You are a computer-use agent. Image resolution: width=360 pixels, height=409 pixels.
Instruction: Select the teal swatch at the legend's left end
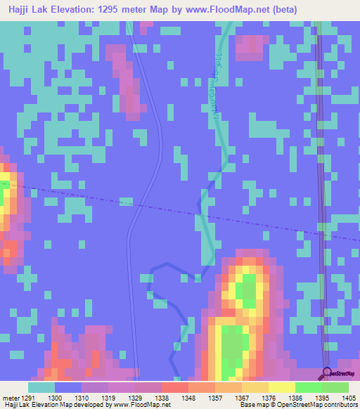pos(41,387)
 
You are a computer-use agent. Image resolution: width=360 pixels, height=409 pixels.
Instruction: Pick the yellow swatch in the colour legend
pos(281,387)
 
